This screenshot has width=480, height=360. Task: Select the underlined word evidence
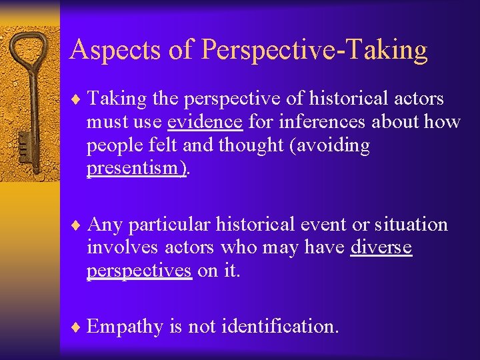pos(205,122)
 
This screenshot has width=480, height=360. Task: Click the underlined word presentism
pos(136,168)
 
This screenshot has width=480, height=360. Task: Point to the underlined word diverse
pos(381,248)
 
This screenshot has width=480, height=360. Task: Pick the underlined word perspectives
pos(139,271)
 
